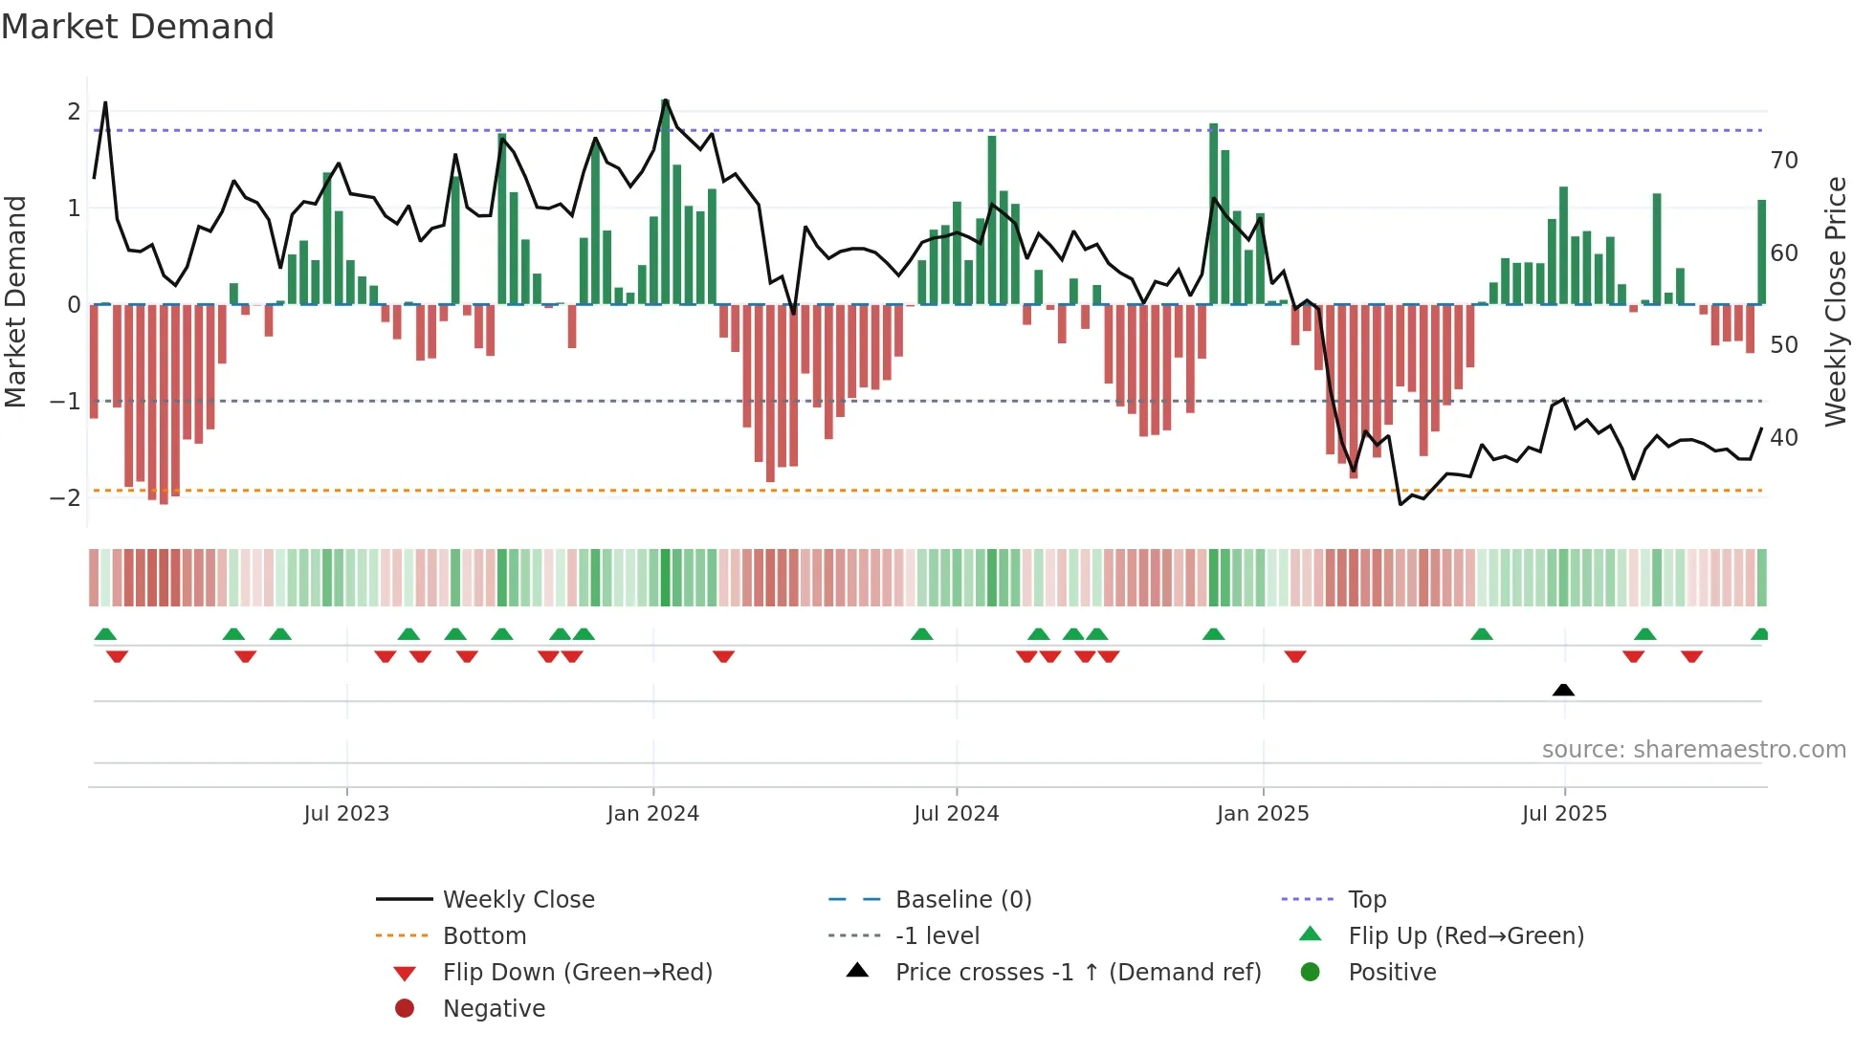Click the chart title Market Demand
point(138,27)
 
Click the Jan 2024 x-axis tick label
point(652,814)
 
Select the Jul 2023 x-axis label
point(346,814)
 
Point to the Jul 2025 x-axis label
point(1564,814)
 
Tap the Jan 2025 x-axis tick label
point(1263,814)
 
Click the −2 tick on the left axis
point(65,497)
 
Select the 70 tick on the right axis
point(1784,160)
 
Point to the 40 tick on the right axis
point(1784,437)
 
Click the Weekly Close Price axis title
point(1835,301)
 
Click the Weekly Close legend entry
point(518,899)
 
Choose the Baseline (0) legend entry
point(962,899)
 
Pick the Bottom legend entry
point(484,935)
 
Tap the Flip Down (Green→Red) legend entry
point(577,972)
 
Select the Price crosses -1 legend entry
point(1077,972)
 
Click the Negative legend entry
point(494,1008)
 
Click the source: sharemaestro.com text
point(1693,749)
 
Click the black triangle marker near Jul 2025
point(1563,690)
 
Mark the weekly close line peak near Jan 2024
point(665,100)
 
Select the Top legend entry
point(1367,899)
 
